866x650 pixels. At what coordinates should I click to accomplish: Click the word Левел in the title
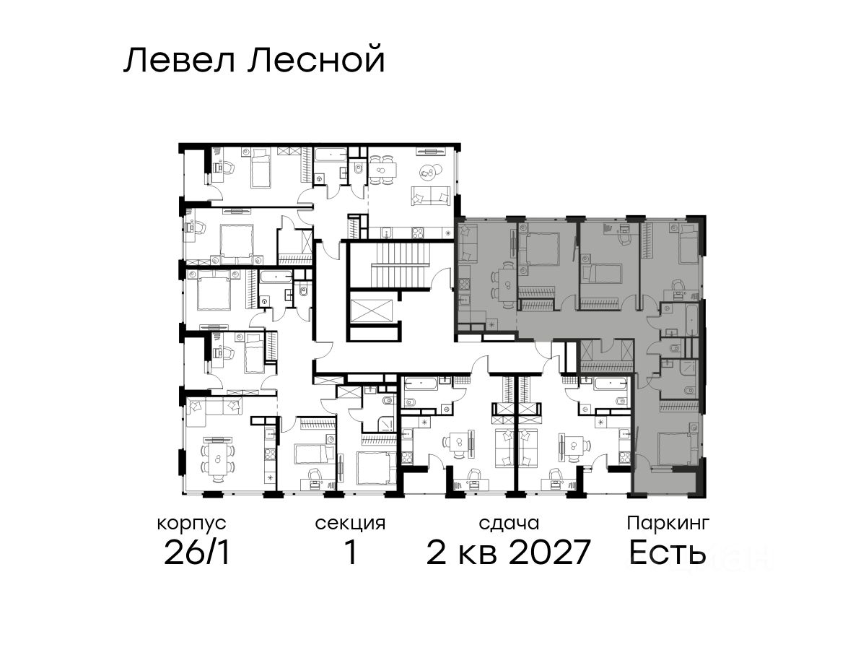[179, 60]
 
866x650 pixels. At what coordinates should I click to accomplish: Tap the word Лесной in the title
[316, 60]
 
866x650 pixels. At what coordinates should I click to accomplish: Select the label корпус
[191, 524]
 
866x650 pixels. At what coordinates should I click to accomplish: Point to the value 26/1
[197, 552]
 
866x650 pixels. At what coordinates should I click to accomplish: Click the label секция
[350, 524]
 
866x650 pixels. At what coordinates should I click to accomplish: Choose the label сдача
[509, 524]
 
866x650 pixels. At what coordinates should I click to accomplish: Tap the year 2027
[549, 552]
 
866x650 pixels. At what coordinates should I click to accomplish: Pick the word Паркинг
[668, 524]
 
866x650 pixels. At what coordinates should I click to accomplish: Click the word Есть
[667, 552]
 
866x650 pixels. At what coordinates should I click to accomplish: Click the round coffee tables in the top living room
[428, 171]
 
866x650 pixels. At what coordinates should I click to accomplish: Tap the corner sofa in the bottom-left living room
[214, 412]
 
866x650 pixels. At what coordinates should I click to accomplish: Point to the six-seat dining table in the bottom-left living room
[217, 459]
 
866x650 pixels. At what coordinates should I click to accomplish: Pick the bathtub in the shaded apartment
[690, 321]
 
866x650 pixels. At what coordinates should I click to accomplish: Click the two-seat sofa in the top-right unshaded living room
[431, 196]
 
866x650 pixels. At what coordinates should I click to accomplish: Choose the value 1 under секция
[350, 552]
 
